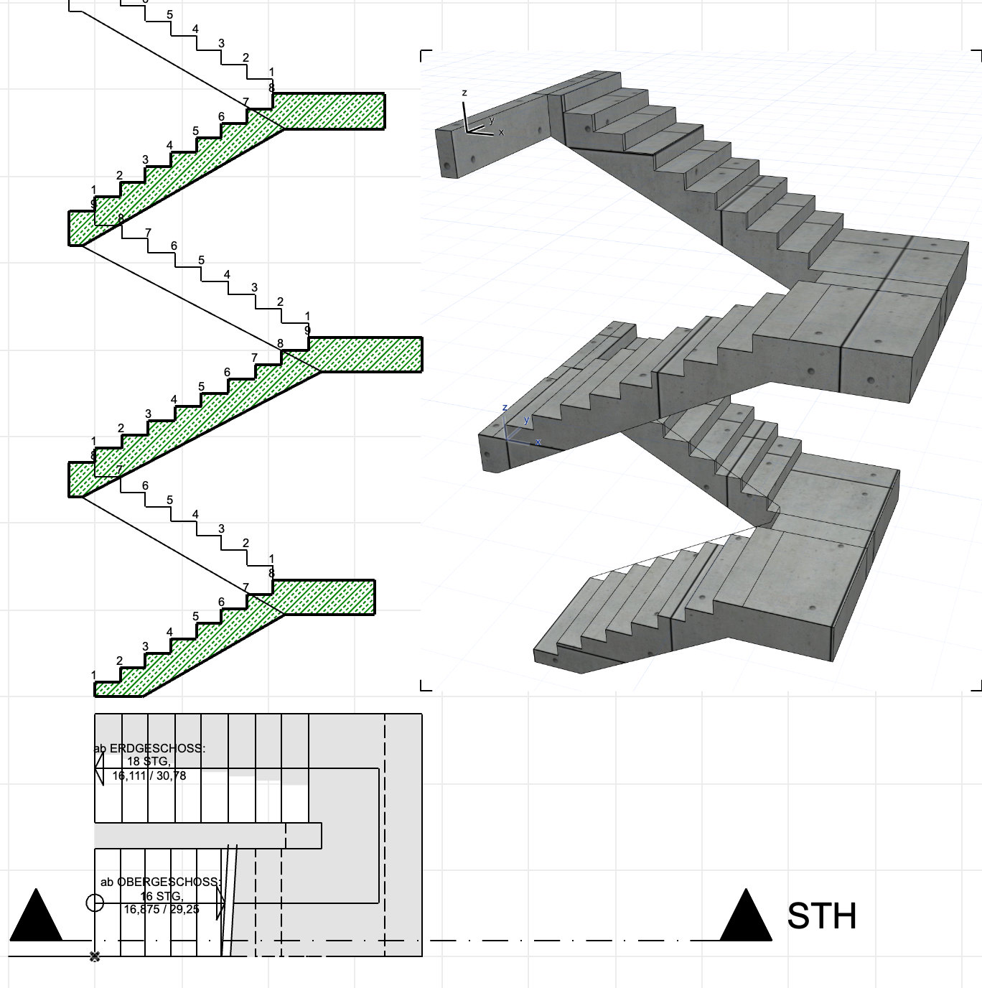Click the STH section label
point(821,915)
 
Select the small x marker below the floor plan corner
point(94,956)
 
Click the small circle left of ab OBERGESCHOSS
point(95,903)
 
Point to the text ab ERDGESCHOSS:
point(149,748)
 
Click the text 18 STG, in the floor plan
point(149,761)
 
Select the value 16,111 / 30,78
point(149,775)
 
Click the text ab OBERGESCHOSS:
point(161,882)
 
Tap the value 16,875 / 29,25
point(162,909)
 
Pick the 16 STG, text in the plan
point(162,896)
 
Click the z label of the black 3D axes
point(464,93)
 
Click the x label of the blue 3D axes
point(538,442)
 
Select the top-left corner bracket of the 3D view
point(426,55)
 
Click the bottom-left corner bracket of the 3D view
point(426,686)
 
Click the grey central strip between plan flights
point(207,836)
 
